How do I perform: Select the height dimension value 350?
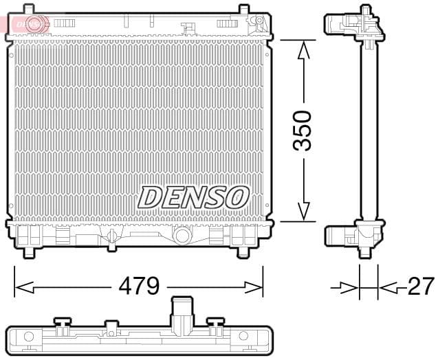[x=302, y=130]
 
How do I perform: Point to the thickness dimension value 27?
[x=420, y=286]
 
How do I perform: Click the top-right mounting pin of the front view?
[x=243, y=10]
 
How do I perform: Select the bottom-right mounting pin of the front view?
[x=243, y=251]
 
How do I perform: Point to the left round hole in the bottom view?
[x=29, y=337]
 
